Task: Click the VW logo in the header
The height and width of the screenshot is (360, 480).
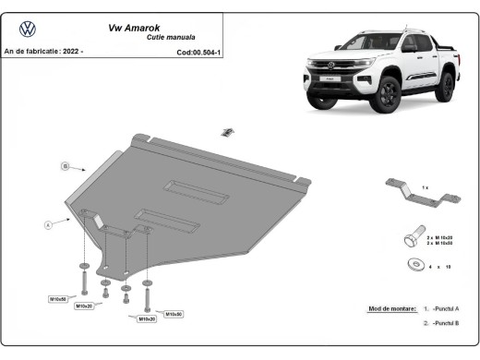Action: coord(28,29)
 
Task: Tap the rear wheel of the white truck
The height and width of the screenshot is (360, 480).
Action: coord(448,86)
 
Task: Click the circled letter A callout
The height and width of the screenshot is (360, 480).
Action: coord(47,224)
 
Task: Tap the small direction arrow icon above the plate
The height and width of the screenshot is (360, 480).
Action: coord(224,133)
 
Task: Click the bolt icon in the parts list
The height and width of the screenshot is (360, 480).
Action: coord(411,239)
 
